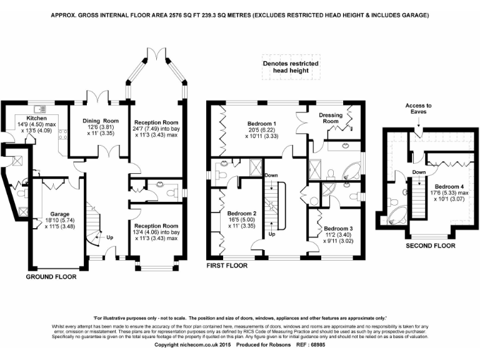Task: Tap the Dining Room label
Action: point(101,121)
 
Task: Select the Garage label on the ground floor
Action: point(60,214)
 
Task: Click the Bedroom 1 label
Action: point(261,123)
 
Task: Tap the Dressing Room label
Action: point(331,118)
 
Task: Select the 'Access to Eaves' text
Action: point(418,109)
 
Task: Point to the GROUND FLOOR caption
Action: point(51,276)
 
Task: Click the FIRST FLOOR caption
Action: point(227,266)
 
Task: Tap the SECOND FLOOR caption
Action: point(431,246)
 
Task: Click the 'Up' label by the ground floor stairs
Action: point(110,237)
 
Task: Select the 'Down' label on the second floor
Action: point(419,172)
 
